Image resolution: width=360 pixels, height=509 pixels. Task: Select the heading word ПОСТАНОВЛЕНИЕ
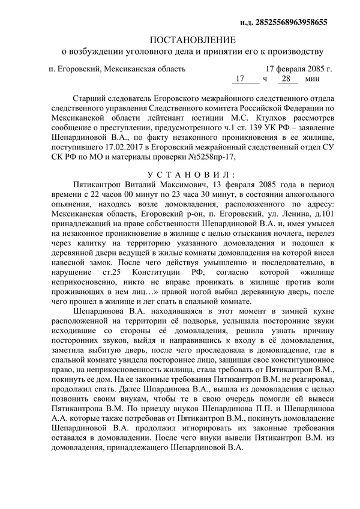coord(193,40)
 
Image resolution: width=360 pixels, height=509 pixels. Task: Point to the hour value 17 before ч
coord(240,79)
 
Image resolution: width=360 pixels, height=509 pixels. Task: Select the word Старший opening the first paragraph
coord(88,98)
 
